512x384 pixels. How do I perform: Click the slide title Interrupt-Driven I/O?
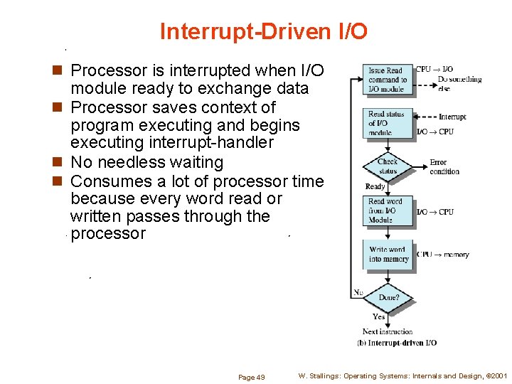[264, 31]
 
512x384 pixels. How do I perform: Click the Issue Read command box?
[388, 80]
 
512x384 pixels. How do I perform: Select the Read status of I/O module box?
[388, 123]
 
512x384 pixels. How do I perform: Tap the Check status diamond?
[388, 167]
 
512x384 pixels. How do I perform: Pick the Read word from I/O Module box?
[388, 211]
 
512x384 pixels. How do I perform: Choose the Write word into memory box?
[388, 255]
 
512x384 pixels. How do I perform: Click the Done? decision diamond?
[388, 297]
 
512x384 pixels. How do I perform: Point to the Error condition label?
[444, 167]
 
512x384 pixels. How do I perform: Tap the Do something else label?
[459, 83]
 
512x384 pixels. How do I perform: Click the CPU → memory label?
[443, 255]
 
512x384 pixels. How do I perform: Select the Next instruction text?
[388, 331]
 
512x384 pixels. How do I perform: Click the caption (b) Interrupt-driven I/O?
[397, 343]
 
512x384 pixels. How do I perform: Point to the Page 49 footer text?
[252, 377]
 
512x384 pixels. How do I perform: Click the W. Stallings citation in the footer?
[402, 376]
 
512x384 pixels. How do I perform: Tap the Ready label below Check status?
[375, 186]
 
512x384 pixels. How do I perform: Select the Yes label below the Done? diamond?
[379, 316]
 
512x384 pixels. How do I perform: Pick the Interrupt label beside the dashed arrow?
[452, 117]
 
